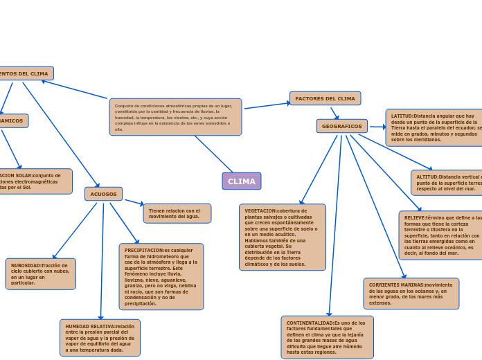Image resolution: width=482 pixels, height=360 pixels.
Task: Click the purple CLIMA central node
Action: point(242,181)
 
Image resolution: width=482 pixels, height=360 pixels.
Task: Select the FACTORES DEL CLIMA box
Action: point(325,99)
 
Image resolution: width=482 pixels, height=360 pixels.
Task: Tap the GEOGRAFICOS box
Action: point(341,127)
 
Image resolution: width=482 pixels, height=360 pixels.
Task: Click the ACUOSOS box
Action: point(103,195)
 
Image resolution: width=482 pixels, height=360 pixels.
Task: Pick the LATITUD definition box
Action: point(434,128)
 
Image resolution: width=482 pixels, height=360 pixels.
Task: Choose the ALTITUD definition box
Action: point(446,183)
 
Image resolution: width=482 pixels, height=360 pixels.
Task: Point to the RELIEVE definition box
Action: point(440,235)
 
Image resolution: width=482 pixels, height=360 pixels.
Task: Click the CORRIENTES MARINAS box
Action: point(411,294)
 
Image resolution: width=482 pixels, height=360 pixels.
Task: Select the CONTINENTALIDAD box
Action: point(327,337)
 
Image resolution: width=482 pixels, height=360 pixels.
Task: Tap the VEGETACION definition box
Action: point(282,237)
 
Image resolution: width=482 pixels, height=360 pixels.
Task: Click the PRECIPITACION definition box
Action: point(161,277)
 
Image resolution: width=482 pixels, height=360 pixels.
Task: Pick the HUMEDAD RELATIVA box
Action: point(100,338)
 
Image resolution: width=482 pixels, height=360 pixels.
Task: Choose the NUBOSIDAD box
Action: point(40,274)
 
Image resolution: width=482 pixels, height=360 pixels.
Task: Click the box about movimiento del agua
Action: point(177,213)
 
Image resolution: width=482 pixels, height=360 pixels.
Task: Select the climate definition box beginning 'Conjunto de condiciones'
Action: point(175,117)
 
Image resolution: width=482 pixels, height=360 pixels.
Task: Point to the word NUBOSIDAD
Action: point(26,265)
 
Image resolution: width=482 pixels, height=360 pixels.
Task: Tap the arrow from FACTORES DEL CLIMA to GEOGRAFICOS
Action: point(334,113)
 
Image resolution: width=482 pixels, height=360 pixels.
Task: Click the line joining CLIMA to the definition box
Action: point(214,154)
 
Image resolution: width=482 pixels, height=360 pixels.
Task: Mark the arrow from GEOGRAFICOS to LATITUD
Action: point(377,127)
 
